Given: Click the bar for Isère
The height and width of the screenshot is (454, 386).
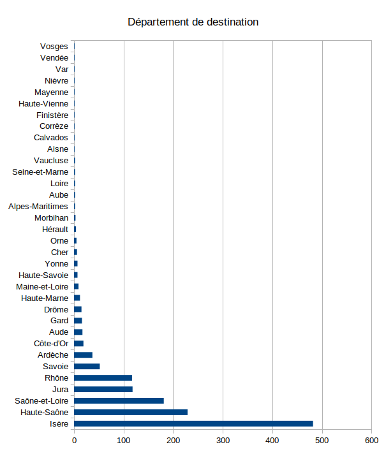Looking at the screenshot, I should (193, 423).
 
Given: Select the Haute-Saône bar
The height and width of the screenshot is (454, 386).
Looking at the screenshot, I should (131, 412).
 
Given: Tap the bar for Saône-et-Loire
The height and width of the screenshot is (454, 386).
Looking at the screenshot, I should (119, 400).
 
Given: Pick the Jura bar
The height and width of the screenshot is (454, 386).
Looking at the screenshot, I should (103, 389).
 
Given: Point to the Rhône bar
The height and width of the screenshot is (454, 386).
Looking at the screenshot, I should (103, 377).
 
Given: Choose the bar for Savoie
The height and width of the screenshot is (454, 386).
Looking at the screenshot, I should (87, 366).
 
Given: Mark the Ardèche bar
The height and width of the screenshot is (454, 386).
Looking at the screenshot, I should (83, 355).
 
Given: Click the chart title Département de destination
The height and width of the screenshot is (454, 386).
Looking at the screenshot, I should (193, 22).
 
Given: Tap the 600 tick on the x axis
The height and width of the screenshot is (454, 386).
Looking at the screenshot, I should (372, 440).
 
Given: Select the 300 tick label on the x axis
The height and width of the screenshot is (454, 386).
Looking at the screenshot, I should (223, 440).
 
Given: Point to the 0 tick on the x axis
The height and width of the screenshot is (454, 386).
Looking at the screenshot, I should (75, 440).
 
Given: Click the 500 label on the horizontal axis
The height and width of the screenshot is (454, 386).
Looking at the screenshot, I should (322, 440).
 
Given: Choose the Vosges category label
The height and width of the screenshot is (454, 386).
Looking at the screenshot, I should (54, 47).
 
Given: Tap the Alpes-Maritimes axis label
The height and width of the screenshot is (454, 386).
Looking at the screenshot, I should (38, 207).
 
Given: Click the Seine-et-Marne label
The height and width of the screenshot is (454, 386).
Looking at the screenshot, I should (40, 172).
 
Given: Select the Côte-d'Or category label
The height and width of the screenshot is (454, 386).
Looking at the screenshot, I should (50, 344).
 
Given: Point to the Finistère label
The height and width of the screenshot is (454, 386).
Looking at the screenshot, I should (52, 115).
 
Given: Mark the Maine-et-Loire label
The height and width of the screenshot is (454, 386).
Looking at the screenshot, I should (42, 286).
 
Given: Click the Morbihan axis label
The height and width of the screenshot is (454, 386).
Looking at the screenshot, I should (51, 218).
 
